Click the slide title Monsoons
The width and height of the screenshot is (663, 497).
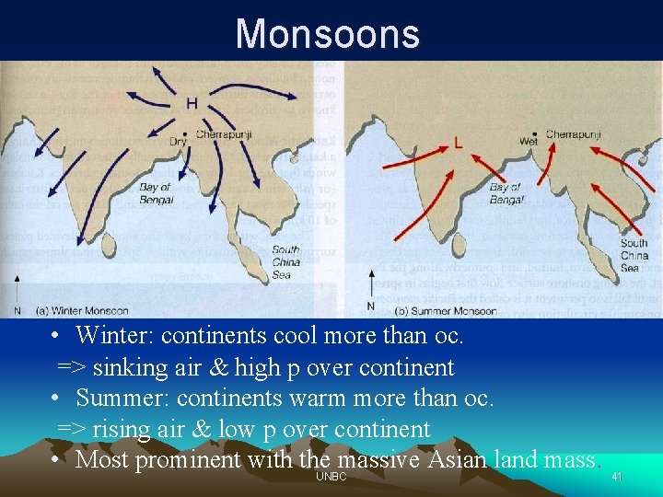tap(328, 34)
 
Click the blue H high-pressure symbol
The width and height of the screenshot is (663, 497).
tap(192, 103)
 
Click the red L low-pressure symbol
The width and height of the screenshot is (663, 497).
tap(459, 144)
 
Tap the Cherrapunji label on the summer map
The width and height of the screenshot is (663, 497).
tap(573, 134)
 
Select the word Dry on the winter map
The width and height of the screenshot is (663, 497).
tap(178, 142)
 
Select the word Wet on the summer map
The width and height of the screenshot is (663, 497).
tap(529, 143)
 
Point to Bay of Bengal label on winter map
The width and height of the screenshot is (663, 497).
tap(156, 193)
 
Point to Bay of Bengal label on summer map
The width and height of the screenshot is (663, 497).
tap(506, 192)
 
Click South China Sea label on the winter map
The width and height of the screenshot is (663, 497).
tap(285, 261)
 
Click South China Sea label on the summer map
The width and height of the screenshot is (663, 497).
tap(634, 255)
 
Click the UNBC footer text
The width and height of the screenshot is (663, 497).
tap(331, 476)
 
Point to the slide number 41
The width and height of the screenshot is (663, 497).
tap(617, 477)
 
